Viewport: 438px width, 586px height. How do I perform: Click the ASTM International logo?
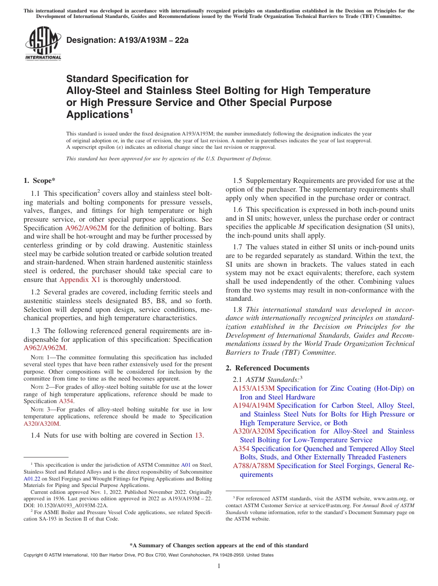coord(43,44)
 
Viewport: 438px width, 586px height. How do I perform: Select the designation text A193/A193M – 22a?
coord(127,41)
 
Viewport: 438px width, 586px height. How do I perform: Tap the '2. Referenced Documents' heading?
coord(267,368)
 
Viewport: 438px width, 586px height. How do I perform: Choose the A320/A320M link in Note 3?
coord(41,423)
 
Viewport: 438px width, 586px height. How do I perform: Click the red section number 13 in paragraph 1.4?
coord(199,435)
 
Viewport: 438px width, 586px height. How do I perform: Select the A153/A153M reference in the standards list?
coord(254,388)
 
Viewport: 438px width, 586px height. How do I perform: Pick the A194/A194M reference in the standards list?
coord(254,405)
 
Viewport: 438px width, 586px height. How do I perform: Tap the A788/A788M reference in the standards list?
coord(254,466)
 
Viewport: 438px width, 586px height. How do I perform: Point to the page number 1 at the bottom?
coord(219,566)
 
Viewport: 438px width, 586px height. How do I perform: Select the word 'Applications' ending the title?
coord(97,114)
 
